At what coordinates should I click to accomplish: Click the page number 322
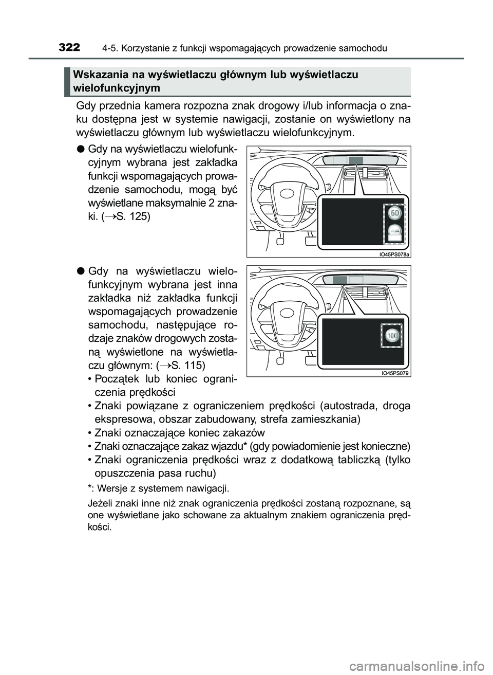tap(69, 48)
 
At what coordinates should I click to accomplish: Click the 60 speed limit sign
tap(394, 212)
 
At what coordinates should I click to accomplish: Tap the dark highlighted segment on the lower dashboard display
tap(340, 280)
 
